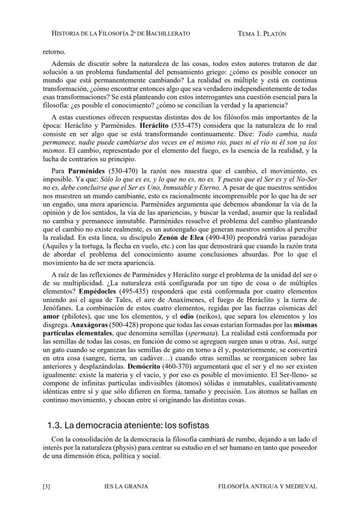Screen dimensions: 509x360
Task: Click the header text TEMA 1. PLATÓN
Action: click(262, 33)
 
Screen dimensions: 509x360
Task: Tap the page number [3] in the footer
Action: click(47, 486)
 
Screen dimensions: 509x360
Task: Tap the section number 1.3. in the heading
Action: click(56, 425)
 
